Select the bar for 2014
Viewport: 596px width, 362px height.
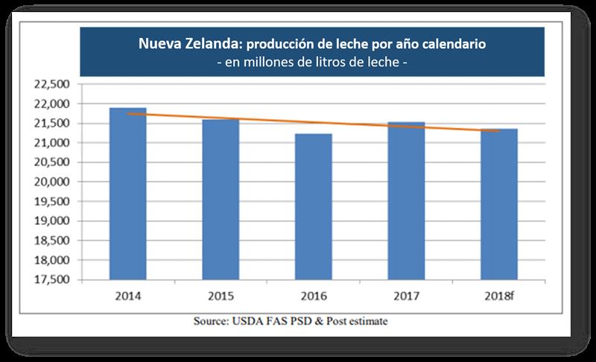tap(127, 194)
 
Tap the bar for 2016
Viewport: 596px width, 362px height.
tap(313, 206)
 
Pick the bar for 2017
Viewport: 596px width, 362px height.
tap(406, 200)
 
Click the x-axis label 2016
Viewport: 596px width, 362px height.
tap(313, 296)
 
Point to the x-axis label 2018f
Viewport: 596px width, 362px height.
tap(498, 296)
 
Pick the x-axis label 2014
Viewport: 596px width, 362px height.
tap(127, 296)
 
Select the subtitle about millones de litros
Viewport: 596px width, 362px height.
tap(311, 63)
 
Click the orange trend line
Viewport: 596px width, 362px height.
tap(313, 122)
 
